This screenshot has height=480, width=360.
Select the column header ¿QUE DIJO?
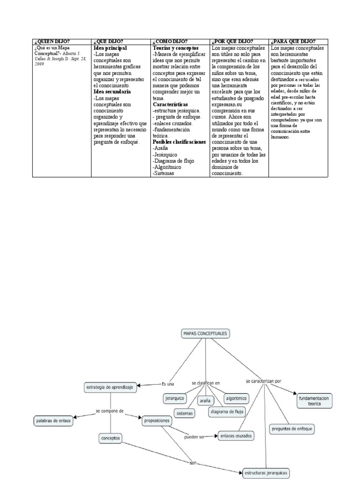109,42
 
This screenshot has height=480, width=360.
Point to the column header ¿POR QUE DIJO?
232,42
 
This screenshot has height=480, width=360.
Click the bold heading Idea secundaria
112,92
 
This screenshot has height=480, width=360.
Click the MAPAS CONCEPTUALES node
205,333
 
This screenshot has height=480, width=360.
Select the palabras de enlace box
53,421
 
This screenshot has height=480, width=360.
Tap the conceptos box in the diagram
111,439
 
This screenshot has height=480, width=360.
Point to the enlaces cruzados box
236,435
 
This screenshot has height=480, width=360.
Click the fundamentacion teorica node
314,400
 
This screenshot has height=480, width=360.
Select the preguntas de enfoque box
292,428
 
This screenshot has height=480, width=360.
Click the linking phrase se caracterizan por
263,381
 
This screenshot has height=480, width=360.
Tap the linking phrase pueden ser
195,437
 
